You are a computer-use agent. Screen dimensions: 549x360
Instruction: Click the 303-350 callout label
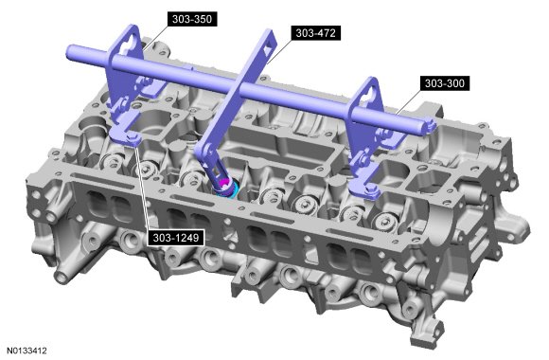tap(192, 19)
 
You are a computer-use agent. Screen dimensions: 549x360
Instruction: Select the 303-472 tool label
tap(315, 33)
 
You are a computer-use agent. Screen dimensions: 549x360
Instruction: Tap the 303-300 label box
tap(444, 83)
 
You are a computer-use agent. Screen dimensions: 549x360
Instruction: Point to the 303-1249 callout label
tap(175, 238)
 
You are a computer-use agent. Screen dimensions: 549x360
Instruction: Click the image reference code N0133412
tap(27, 351)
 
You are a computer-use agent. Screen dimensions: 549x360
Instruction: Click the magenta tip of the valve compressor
tap(225, 183)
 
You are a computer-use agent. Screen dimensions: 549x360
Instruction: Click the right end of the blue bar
tap(431, 126)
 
